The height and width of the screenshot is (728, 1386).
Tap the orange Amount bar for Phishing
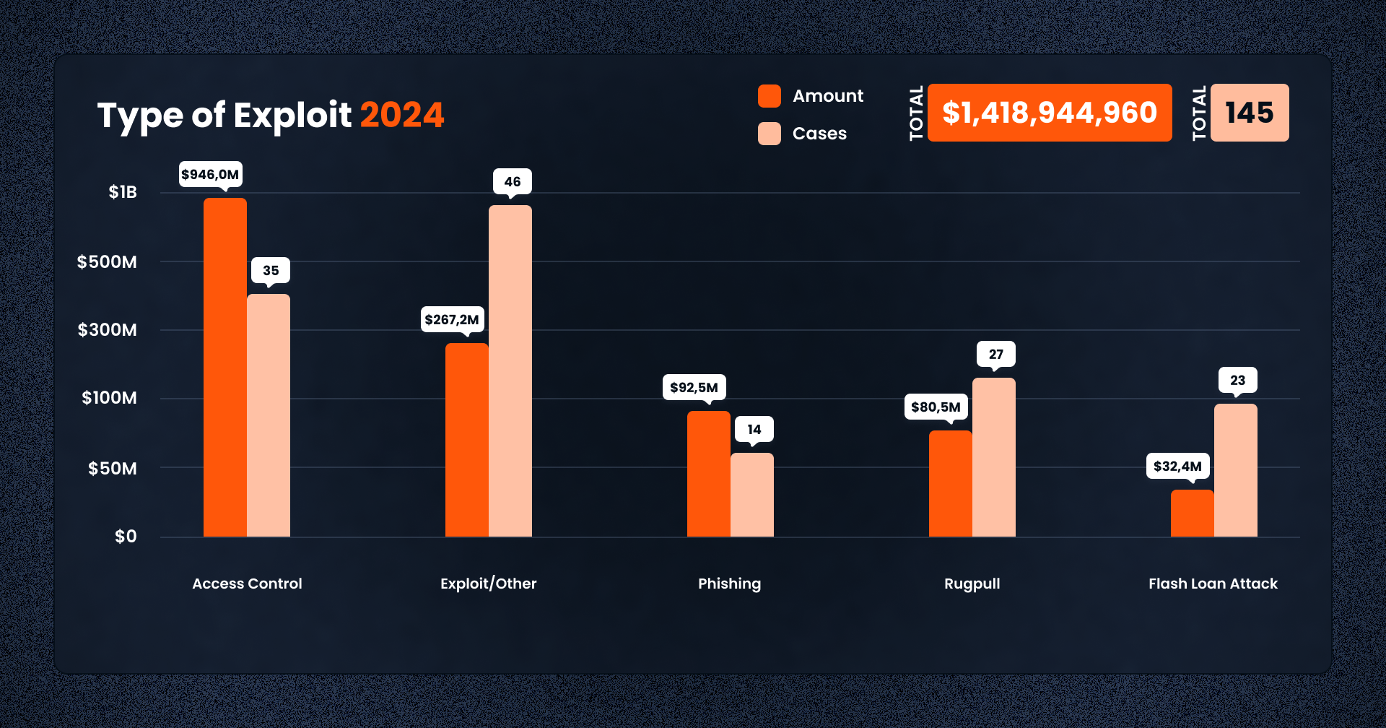[708, 474]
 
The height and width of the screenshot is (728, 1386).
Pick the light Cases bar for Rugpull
[993, 457]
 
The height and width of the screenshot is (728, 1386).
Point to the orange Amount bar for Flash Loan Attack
[1192, 513]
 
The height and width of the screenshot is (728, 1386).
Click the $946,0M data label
[210, 175]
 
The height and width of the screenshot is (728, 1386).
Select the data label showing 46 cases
[513, 182]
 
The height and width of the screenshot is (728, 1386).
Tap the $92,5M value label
[694, 388]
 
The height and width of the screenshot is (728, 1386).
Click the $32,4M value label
[1177, 467]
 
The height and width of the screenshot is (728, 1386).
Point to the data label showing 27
[996, 355]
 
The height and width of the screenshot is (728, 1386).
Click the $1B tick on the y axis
[123, 192]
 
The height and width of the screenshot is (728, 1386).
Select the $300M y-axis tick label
[108, 330]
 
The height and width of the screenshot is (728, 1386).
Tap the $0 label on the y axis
[126, 537]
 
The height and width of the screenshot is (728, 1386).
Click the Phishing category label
[729, 584]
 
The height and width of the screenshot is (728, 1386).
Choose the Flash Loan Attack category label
[1213, 584]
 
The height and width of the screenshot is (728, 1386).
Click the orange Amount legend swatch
[770, 96]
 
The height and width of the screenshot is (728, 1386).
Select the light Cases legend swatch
[770, 134]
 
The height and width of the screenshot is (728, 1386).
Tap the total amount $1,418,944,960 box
[1050, 113]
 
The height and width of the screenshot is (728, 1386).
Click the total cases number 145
[1250, 113]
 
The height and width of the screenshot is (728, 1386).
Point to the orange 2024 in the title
[402, 116]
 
